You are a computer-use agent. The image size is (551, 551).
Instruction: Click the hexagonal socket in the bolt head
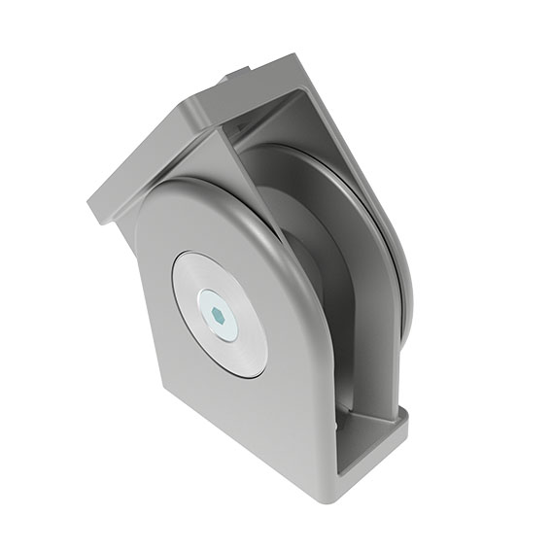[218, 315]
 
